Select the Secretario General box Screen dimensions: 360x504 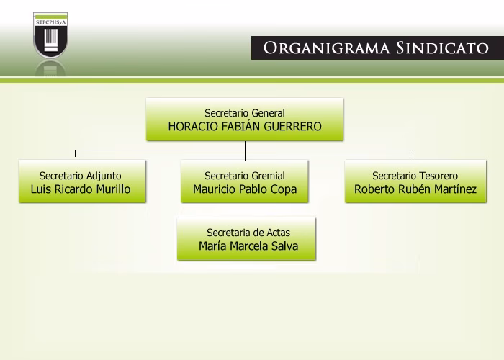click(x=245, y=120)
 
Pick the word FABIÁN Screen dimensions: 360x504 click(x=236, y=126)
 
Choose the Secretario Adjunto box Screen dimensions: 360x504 click(x=81, y=182)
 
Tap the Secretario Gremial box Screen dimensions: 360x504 click(x=245, y=182)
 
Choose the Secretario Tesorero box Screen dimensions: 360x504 click(x=415, y=182)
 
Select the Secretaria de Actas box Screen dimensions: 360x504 click(x=247, y=239)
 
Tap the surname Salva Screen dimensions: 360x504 click(x=280, y=246)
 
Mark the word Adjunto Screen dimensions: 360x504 click(x=103, y=176)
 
